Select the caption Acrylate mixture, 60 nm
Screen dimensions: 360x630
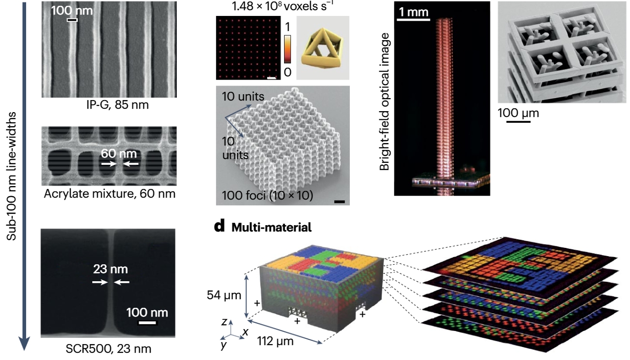click(x=108, y=194)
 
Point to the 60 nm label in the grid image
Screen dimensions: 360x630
click(x=119, y=154)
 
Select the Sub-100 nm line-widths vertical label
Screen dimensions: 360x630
click(x=14, y=176)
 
